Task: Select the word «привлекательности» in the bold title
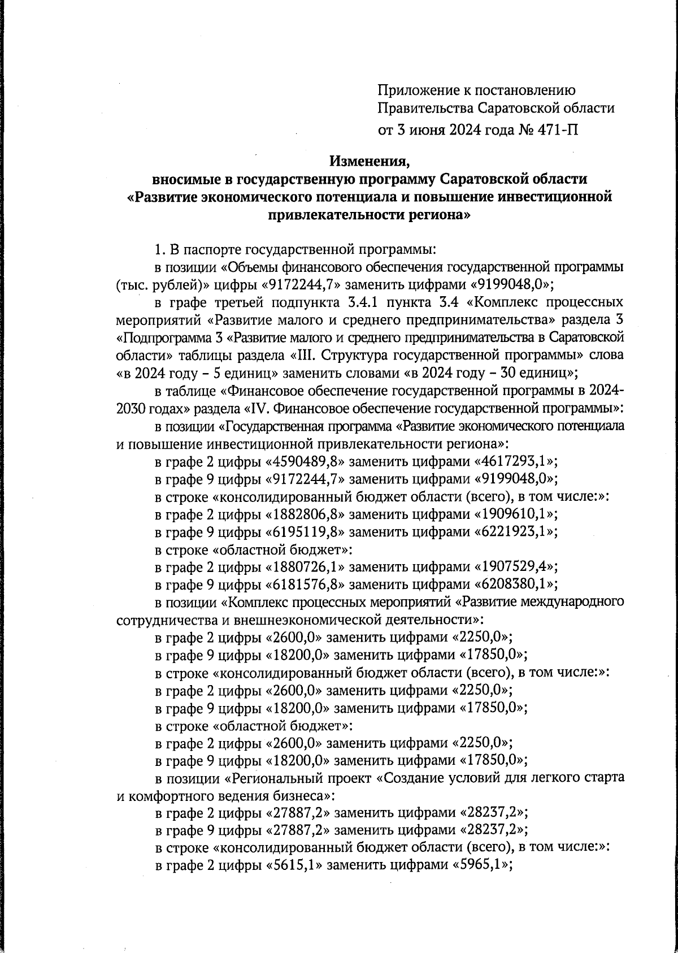point(334,215)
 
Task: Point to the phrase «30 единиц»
point(532,373)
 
